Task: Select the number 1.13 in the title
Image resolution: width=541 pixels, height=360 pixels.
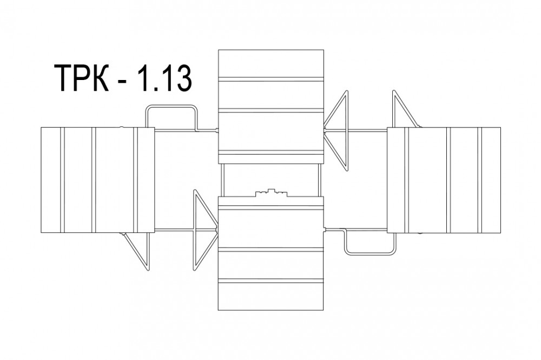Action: (x=163, y=79)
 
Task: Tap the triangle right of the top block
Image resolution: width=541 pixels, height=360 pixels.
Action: (x=336, y=130)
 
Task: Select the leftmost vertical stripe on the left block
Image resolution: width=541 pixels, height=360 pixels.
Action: (x=62, y=180)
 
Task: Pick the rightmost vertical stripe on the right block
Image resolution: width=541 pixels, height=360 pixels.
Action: (x=480, y=180)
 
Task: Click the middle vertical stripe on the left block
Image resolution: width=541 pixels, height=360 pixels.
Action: (x=93, y=180)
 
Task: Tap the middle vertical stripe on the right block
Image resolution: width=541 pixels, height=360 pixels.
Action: (x=448, y=180)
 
